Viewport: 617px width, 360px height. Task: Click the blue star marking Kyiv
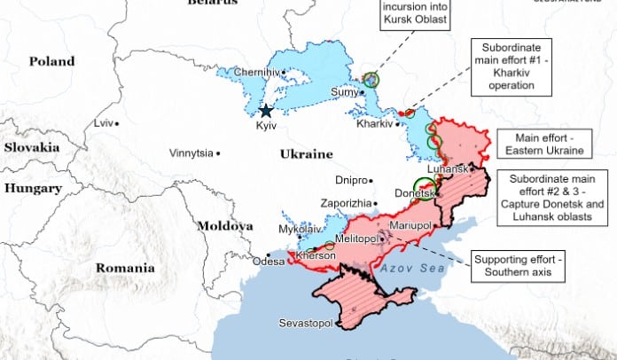pyautogui.click(x=266, y=111)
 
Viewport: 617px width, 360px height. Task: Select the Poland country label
pyautogui.click(x=52, y=61)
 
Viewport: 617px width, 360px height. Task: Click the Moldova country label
pyautogui.click(x=224, y=225)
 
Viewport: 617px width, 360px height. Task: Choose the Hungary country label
pyautogui.click(x=32, y=188)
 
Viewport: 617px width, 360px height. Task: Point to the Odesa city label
pyautogui.click(x=269, y=261)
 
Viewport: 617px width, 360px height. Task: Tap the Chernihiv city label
pyautogui.click(x=257, y=73)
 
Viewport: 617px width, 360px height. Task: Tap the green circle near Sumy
pyautogui.click(x=371, y=80)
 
